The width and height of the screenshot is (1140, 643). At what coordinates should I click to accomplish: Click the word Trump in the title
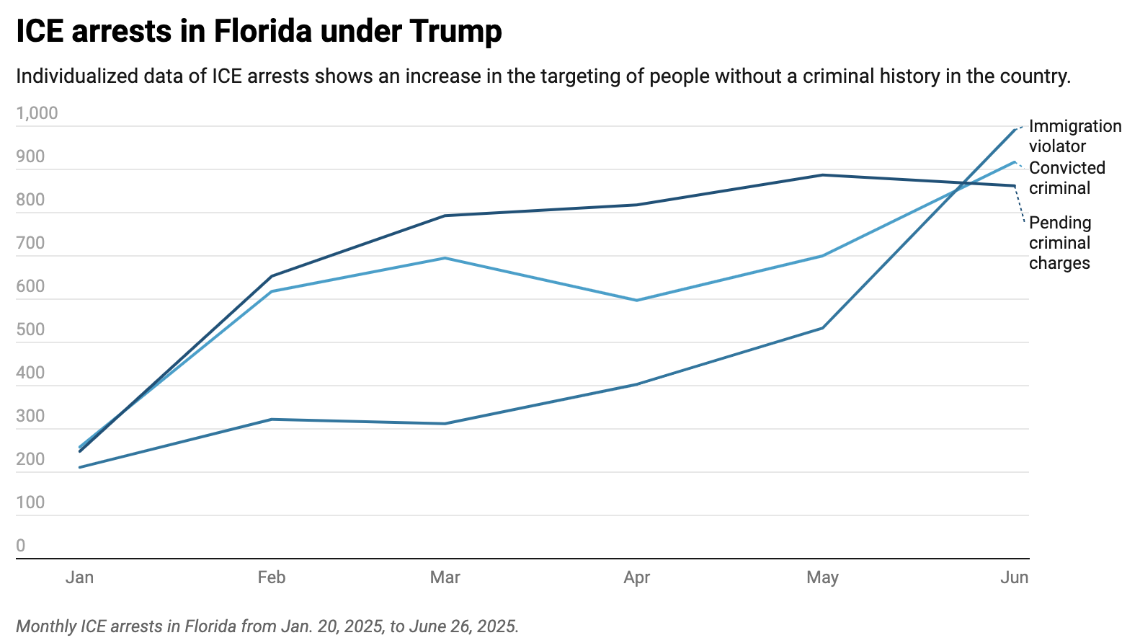coord(455,32)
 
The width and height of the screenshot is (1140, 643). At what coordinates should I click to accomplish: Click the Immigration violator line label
coord(1074,136)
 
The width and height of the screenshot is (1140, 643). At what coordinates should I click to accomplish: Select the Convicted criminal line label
coord(1066,178)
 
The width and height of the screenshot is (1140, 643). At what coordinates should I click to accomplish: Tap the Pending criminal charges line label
coord(1059,243)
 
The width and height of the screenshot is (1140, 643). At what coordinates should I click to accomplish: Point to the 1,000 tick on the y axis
coord(37,113)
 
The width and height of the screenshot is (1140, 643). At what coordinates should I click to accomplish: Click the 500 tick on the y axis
coord(30,329)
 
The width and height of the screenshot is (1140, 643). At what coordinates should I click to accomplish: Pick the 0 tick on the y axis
coord(21,546)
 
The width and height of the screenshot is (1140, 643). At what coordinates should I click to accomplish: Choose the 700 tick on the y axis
coord(30,243)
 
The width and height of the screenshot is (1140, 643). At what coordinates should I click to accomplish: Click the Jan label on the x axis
coord(79,577)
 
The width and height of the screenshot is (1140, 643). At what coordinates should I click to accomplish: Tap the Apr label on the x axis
coord(637,577)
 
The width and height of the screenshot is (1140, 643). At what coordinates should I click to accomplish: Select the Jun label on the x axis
coord(1014,577)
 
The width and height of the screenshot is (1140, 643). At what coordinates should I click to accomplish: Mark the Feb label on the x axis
coord(272,577)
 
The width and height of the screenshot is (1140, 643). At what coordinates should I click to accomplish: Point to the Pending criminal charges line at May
coord(822,175)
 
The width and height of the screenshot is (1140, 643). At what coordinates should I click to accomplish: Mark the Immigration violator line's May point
coord(822,328)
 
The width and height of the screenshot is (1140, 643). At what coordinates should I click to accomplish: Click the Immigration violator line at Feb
coord(272,420)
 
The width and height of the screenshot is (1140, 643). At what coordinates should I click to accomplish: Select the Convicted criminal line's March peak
coord(445,258)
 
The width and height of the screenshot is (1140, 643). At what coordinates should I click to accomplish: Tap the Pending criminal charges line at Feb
coord(272,276)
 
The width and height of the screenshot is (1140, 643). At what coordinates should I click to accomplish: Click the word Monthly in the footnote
coord(45,626)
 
